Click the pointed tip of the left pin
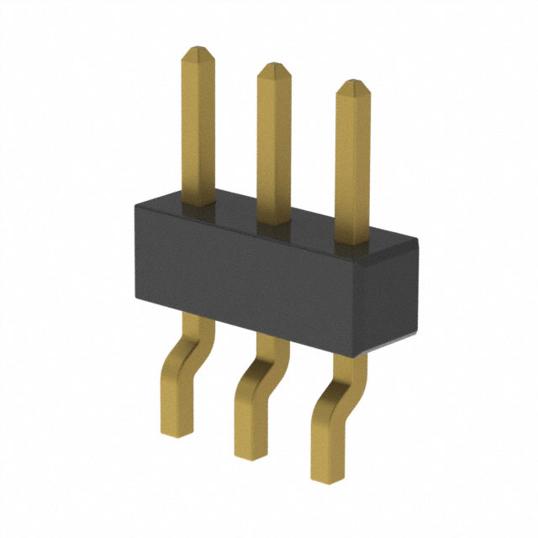point(199,50)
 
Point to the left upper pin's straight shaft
point(199,126)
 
